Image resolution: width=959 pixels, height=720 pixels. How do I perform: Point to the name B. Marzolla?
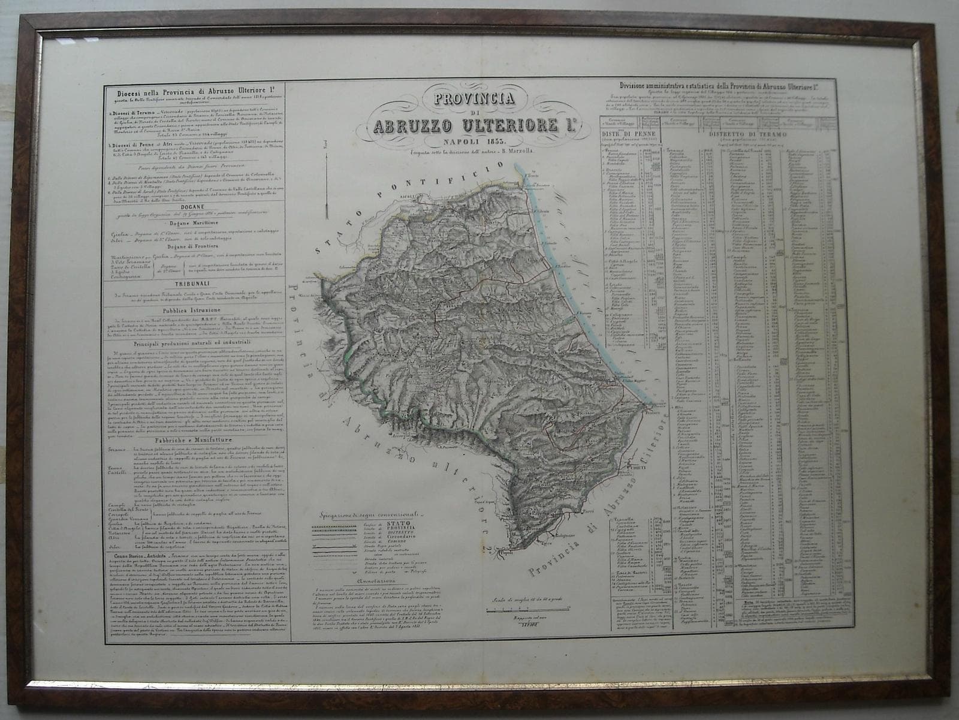tap(525, 152)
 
